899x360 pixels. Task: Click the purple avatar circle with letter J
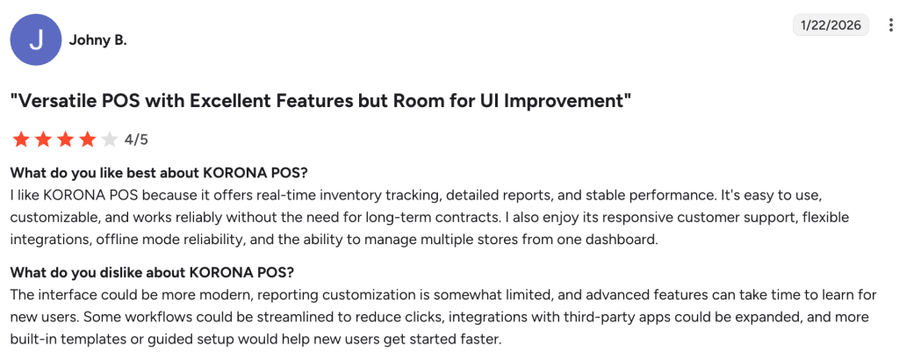[x=36, y=40]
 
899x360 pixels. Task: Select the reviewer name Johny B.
[x=97, y=40]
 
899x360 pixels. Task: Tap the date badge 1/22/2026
[x=831, y=25]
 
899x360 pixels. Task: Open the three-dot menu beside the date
[x=890, y=25]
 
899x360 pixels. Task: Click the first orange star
[x=22, y=140]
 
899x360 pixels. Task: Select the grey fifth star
[x=109, y=140]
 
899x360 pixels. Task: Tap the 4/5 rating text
[x=136, y=140]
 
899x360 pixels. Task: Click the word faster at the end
[x=484, y=339]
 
